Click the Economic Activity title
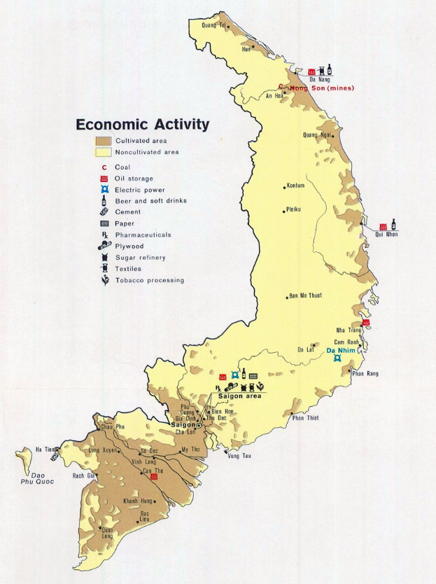coord(142,125)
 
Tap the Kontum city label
coord(295,186)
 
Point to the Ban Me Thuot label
coord(306,296)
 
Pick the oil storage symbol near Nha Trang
coord(365,323)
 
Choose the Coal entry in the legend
coord(122,167)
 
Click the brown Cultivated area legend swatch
coord(104,141)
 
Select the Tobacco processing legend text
coord(149,280)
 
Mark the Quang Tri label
coord(213,25)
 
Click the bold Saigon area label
coord(239,396)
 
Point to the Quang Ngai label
coord(316,134)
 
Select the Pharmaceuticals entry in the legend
coord(143,235)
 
